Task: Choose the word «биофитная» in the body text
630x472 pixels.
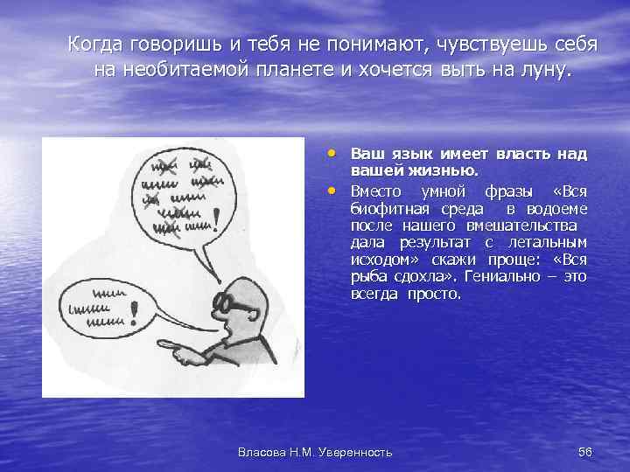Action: [x=390, y=208]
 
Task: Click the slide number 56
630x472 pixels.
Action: [x=585, y=451]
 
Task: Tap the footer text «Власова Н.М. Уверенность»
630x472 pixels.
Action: [x=315, y=451]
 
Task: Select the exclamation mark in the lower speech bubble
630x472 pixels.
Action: [x=133, y=311]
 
